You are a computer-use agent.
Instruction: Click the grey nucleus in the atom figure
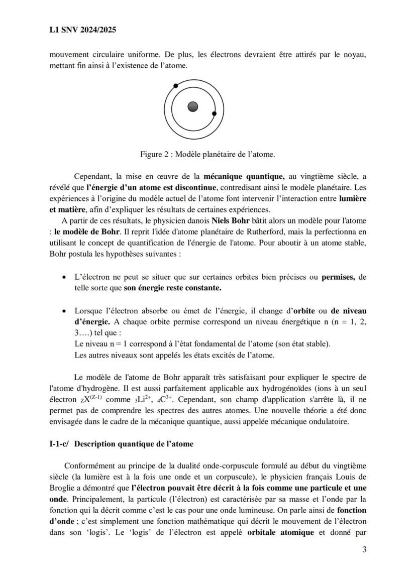[x=192, y=106]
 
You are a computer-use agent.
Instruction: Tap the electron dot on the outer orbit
[x=175, y=86]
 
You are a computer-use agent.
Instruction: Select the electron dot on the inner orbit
[x=214, y=114]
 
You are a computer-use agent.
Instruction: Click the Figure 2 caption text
[x=207, y=154]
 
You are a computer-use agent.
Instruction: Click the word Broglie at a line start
[x=62, y=488]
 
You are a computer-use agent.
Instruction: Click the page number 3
[x=364, y=549]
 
